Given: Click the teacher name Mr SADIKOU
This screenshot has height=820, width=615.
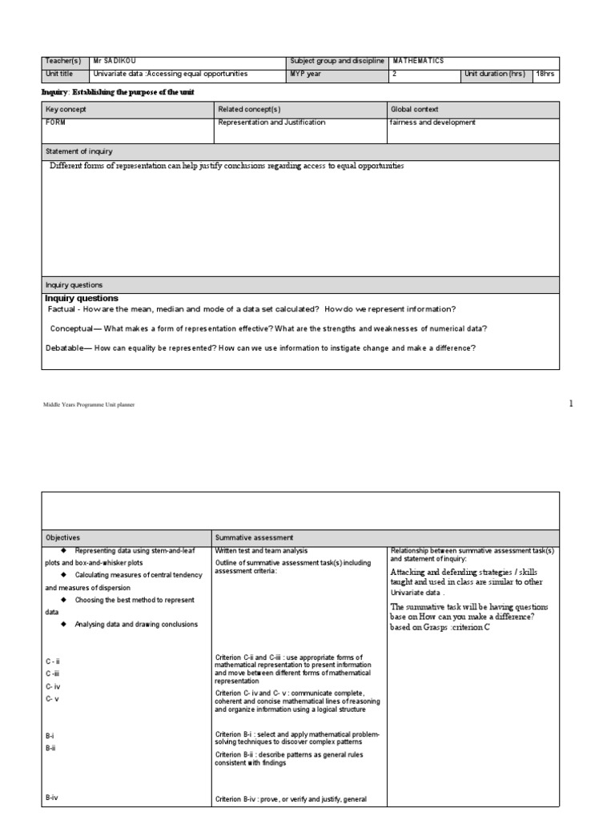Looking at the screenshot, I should pos(116,61).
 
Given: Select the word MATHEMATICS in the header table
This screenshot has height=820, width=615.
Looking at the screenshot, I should pos(416,61).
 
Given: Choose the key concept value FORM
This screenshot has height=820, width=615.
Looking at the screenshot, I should pos(56,123).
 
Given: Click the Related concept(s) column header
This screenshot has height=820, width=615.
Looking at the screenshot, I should pos(247,109).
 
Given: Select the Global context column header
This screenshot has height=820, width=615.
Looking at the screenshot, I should pos(414,109).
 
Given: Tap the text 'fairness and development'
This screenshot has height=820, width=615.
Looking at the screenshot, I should pos(432,123).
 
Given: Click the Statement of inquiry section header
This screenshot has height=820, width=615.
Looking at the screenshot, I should pos(79,151).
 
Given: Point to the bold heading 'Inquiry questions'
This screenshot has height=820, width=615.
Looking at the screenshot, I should pos(81,298).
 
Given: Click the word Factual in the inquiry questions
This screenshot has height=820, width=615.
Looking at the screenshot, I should pos(67,309).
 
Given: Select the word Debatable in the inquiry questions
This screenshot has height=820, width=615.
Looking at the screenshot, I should pos(68,348).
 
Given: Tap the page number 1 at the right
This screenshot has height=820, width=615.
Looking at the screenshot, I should pos(571,404).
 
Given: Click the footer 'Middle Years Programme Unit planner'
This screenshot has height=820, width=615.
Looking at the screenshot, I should pos(89,405).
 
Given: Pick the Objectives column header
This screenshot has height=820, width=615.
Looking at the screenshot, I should pos(62,537).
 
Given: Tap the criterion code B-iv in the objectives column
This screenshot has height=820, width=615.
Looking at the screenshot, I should pos(53,798).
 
